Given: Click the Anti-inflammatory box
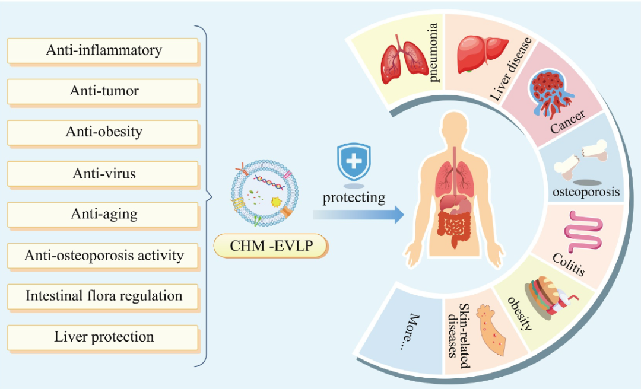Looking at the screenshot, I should pos(103,50).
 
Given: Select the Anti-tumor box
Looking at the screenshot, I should pos(103,91).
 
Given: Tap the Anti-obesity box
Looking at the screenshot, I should pos(103,132).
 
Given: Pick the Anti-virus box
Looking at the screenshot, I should pos(103,173).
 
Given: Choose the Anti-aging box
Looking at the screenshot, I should pos(103,214).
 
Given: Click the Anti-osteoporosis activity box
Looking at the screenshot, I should pos(103,256).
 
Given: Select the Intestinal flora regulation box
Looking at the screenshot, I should pos(103,296).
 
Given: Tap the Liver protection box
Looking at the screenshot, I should pos(103,337).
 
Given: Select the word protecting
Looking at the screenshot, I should pos(354,197).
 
